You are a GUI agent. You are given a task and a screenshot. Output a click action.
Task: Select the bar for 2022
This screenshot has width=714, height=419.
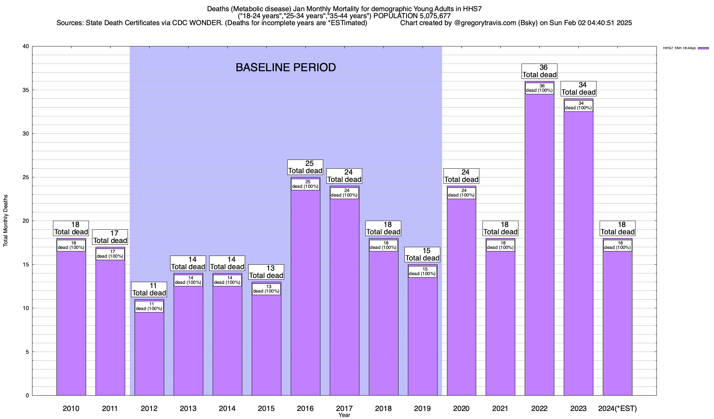(539, 244)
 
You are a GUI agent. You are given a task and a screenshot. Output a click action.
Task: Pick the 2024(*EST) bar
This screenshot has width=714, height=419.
(617, 321)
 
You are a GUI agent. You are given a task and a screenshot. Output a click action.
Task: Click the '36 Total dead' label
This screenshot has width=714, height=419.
(539, 71)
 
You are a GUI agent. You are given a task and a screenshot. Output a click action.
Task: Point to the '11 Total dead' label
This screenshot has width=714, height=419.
(149, 289)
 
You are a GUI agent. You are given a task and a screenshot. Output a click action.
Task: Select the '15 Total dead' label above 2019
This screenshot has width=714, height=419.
(423, 255)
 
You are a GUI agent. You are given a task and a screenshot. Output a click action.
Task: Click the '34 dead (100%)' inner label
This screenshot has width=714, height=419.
(578, 106)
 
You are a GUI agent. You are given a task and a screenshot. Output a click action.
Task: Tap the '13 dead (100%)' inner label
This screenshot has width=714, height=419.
(266, 289)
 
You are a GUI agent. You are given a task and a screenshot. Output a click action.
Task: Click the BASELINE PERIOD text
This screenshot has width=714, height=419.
(286, 67)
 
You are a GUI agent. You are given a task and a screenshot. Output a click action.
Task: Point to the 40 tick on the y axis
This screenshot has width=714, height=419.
(26, 46)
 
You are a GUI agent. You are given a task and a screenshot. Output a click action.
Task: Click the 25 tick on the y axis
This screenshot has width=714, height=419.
(26, 177)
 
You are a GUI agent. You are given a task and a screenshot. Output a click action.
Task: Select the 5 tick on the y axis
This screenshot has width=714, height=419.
(27, 352)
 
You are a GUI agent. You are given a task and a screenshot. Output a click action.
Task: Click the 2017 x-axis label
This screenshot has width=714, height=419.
(344, 409)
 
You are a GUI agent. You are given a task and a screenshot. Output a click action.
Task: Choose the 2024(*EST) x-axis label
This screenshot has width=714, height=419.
(617, 409)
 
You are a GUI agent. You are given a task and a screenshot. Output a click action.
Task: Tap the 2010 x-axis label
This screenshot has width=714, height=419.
(71, 409)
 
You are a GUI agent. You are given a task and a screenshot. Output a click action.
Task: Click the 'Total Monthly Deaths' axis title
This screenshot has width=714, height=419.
(6, 221)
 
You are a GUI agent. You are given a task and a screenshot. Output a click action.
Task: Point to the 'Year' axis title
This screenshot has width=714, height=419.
(344, 415)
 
